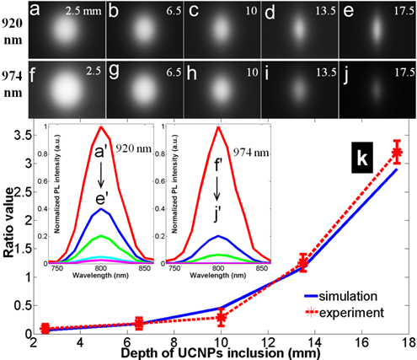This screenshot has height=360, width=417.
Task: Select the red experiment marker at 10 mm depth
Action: point(221,318)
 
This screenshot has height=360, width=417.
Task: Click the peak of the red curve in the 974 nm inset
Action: point(220,128)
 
